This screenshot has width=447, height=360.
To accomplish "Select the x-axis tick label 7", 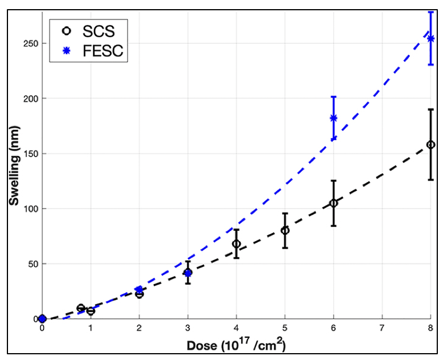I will (x=382, y=330).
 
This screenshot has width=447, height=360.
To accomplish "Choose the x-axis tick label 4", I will (x=236, y=330).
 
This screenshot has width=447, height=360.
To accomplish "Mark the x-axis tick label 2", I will (x=139, y=330).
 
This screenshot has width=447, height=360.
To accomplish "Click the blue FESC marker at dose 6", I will (x=333, y=118).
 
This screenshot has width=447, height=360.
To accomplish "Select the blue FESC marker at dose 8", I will (x=430, y=38).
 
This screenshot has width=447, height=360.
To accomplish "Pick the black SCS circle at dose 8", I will (x=430, y=145).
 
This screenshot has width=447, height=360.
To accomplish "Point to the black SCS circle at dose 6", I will (x=333, y=203).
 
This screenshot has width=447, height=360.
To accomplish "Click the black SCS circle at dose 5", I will (x=285, y=230).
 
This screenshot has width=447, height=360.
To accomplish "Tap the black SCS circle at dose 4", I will (x=236, y=244).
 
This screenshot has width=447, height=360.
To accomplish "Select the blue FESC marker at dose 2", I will (x=139, y=290).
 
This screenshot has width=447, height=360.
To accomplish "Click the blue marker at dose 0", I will (x=42, y=319).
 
